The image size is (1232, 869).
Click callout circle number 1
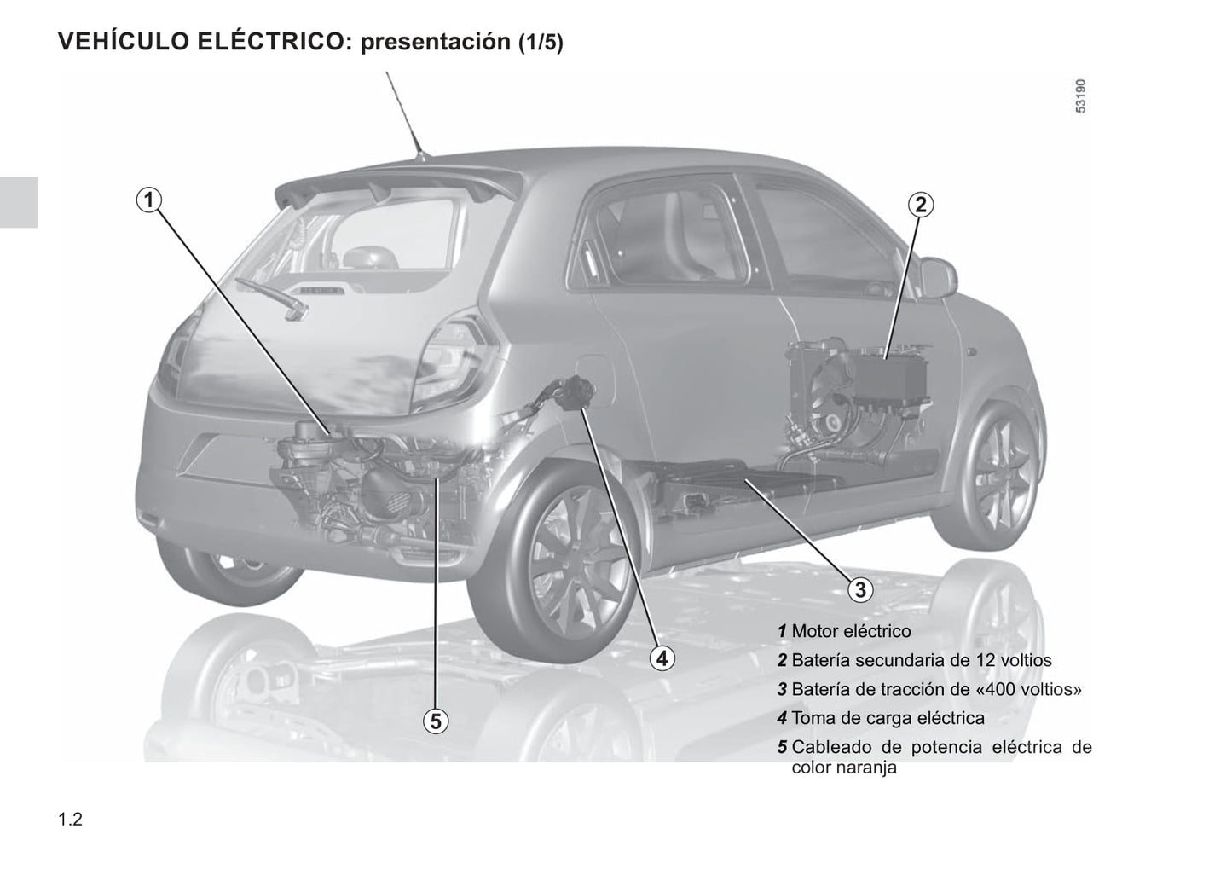tap(149, 200)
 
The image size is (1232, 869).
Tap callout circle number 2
tap(920, 205)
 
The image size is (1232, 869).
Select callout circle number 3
tap(860, 589)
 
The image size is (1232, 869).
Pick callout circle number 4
tap(662, 658)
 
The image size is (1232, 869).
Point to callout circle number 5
tap(436, 721)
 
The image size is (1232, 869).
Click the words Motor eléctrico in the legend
tap(852, 631)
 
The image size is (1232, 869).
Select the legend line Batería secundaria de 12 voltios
tap(915, 660)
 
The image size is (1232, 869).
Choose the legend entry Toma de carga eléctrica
tap(881, 718)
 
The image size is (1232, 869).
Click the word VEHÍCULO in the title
tap(123, 41)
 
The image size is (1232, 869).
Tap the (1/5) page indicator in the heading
tap(541, 43)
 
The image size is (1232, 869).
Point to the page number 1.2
tap(71, 820)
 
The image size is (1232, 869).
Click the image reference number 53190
tap(1081, 96)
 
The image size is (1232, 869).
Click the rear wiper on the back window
tap(272, 298)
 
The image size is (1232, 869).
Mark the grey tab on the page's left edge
tap(19, 202)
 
